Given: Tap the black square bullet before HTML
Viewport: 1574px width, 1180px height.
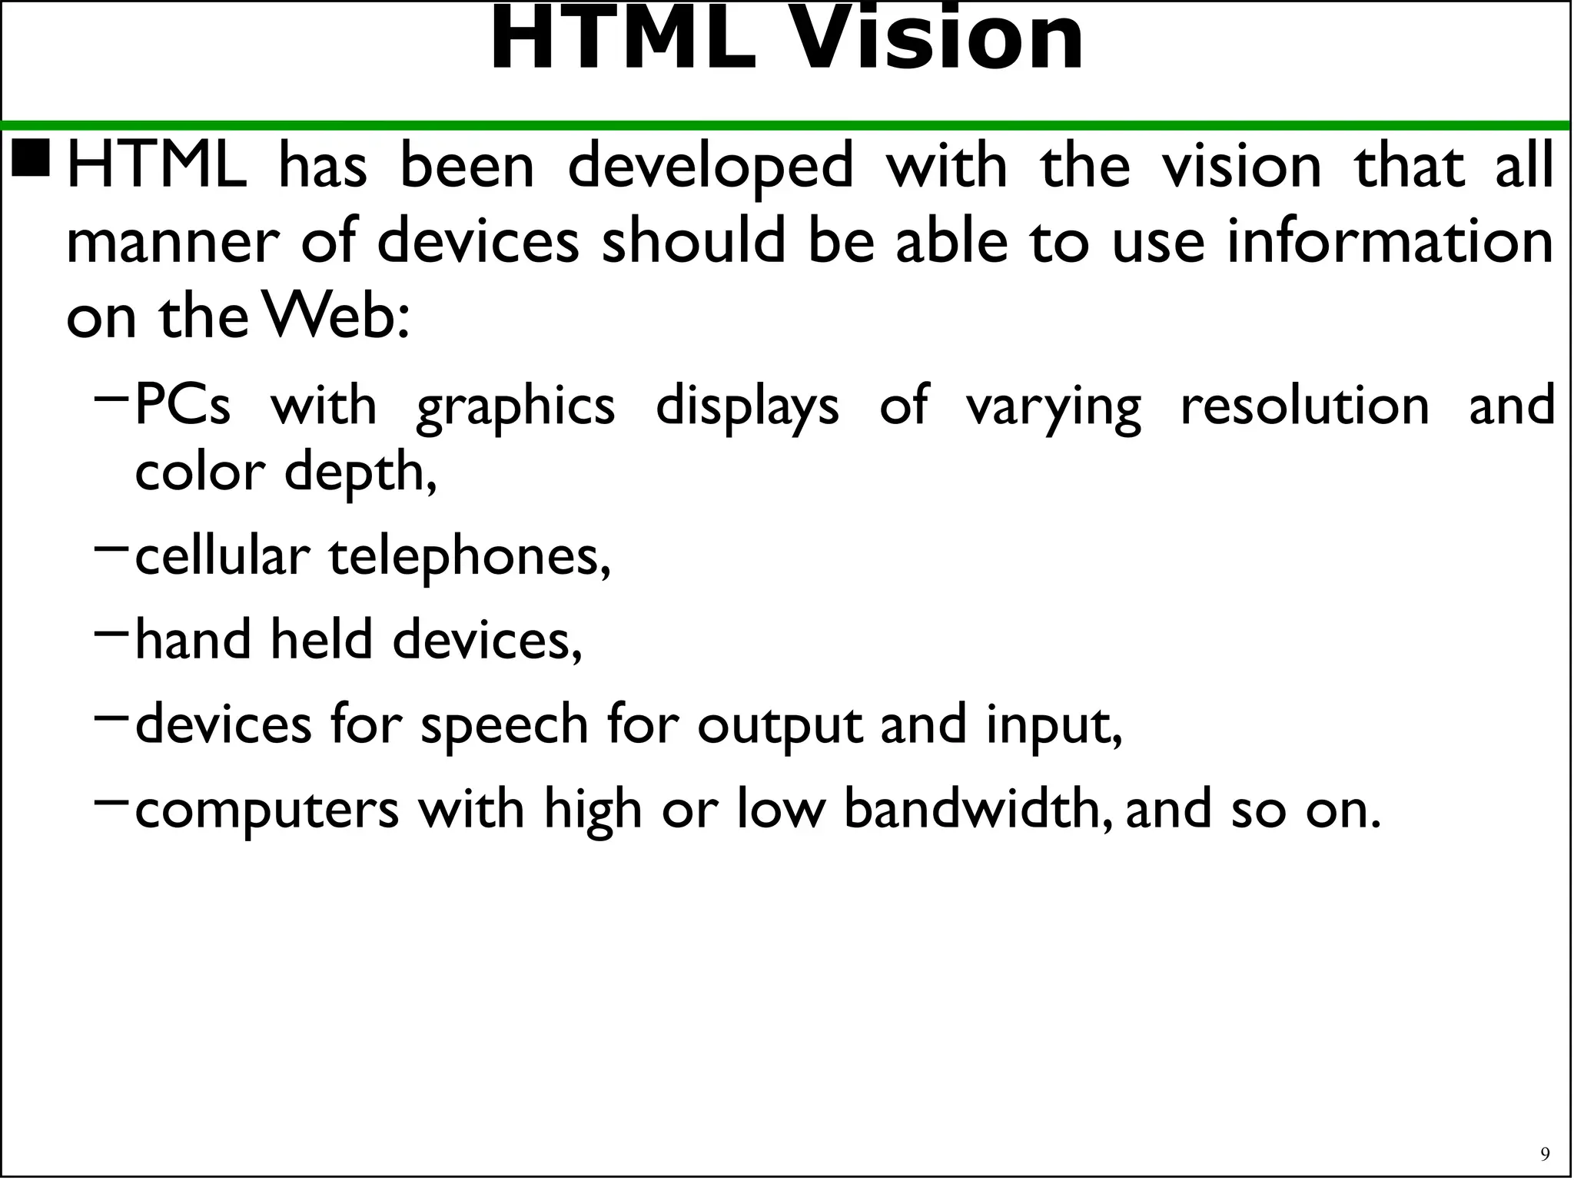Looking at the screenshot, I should (32, 157).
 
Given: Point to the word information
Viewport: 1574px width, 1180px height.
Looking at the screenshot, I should (1390, 241).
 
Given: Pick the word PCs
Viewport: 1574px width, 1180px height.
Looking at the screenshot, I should (182, 406).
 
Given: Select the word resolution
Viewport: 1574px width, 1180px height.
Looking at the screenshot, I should (1304, 406).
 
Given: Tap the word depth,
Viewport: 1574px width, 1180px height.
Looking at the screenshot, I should (360, 472).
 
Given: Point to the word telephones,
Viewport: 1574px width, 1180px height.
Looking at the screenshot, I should (470, 557).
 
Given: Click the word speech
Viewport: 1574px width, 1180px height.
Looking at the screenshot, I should (504, 725).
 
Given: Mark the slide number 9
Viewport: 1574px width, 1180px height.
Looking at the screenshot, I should (1545, 1154).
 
